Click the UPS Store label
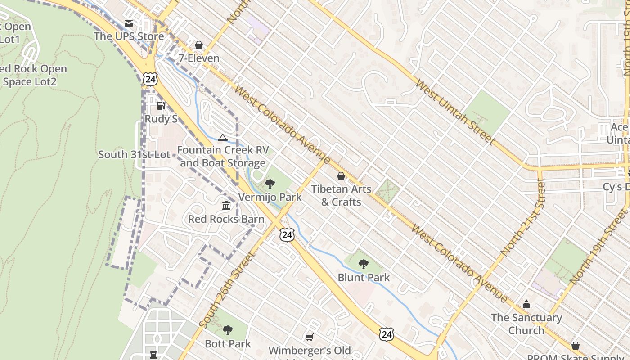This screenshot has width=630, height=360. [129, 36]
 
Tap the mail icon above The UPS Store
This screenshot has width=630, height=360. [129, 23]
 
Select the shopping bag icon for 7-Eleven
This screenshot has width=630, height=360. [199, 45]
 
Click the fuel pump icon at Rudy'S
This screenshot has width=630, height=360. [161, 106]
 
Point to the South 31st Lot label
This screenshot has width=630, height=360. [134, 154]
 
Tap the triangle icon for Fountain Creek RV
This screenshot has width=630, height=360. [222, 137]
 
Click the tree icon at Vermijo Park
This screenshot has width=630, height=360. [270, 184]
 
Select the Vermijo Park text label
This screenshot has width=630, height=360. [270, 197]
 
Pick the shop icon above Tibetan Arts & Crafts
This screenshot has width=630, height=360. [341, 176]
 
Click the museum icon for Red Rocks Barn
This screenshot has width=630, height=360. [226, 206]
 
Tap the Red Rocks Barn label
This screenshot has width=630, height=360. [226, 219]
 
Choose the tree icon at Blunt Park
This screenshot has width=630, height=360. [364, 264]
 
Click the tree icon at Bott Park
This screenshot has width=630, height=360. [228, 330]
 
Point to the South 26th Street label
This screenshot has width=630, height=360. [227, 289]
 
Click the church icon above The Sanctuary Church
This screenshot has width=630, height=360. [526, 305]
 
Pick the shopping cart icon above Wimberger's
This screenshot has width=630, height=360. [309, 337]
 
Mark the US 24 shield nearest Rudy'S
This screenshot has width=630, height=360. [151, 79]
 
